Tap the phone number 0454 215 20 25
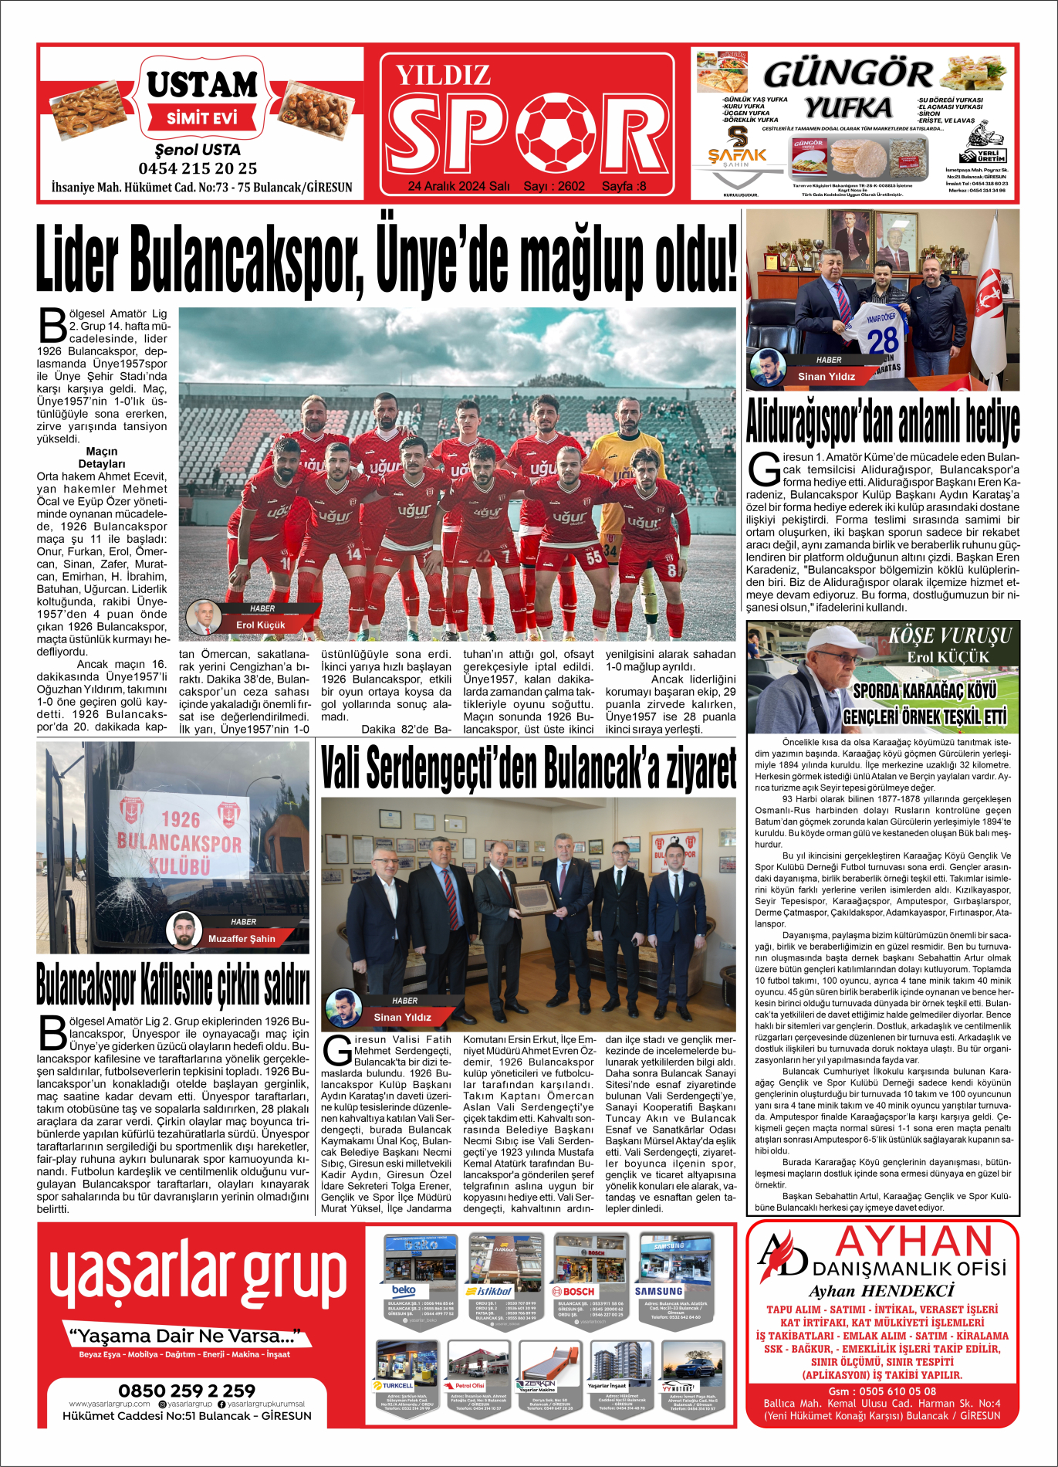coord(198,168)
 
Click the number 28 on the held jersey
coord(882,340)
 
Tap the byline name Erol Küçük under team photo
coord(260,625)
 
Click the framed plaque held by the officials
coord(532,899)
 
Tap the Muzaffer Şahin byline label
coord(242,938)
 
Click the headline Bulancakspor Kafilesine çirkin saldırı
coord(173,984)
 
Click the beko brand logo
coord(404,1290)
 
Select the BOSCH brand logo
coord(573,1291)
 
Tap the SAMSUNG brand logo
coord(658,1291)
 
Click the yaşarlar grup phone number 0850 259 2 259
coord(187,1390)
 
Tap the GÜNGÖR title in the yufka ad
coord(847,74)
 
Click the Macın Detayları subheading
coord(102,458)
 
